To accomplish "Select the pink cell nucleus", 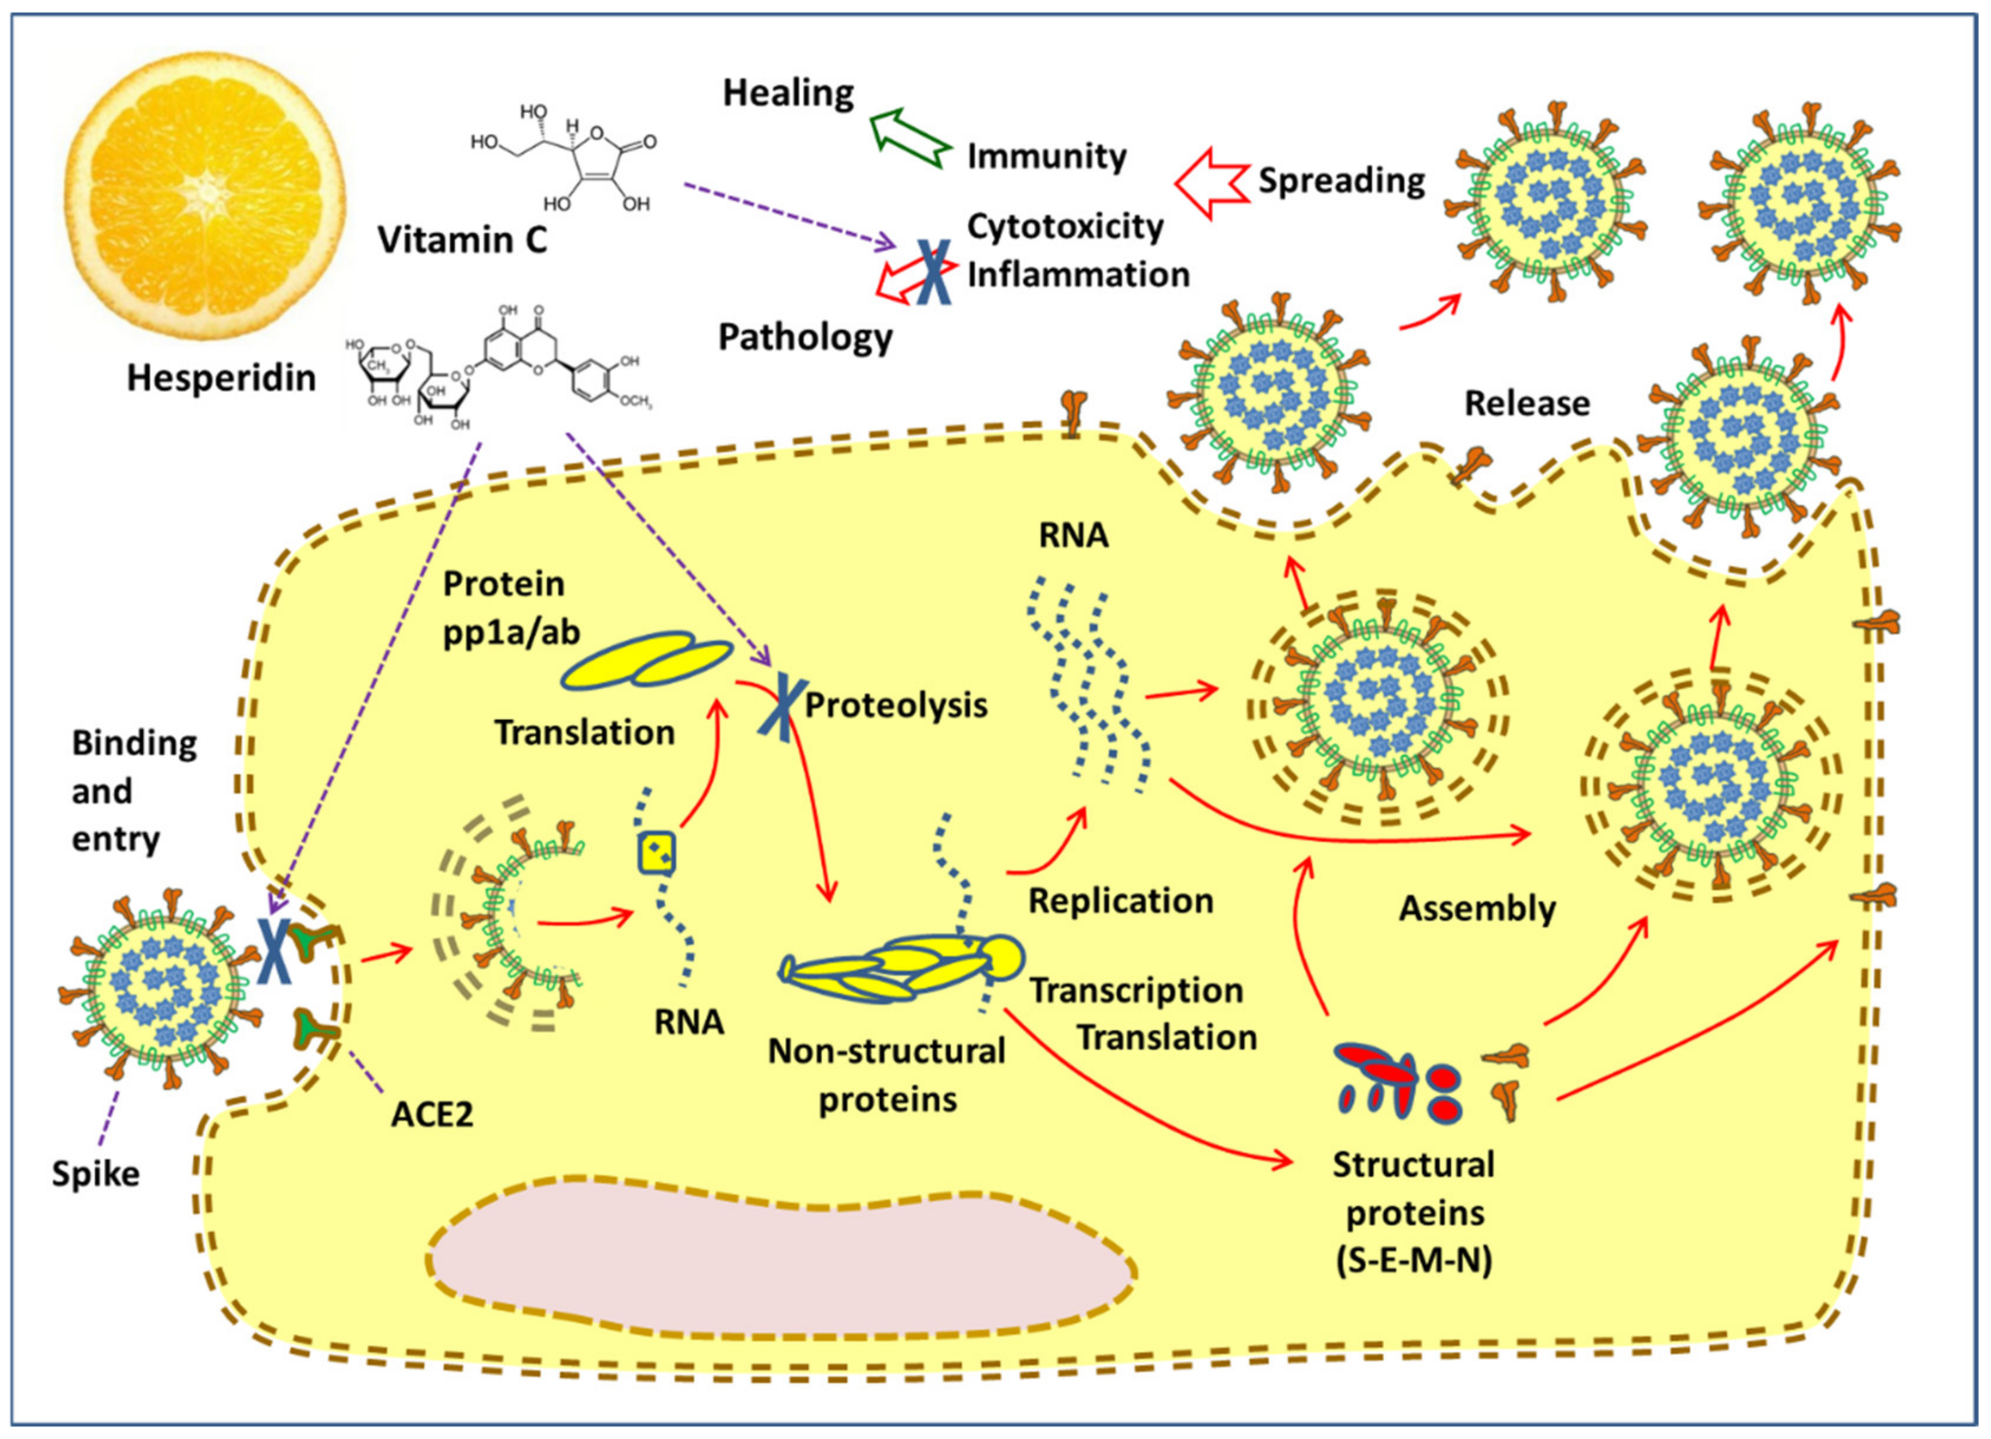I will coord(781,1273).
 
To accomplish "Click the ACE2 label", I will coord(432,1115).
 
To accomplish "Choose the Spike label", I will coord(95,1175).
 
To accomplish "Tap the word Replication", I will coord(1120,902).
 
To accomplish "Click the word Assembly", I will coord(1476,908).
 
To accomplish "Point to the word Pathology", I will coord(805,337).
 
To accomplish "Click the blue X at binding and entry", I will coord(275,950).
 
